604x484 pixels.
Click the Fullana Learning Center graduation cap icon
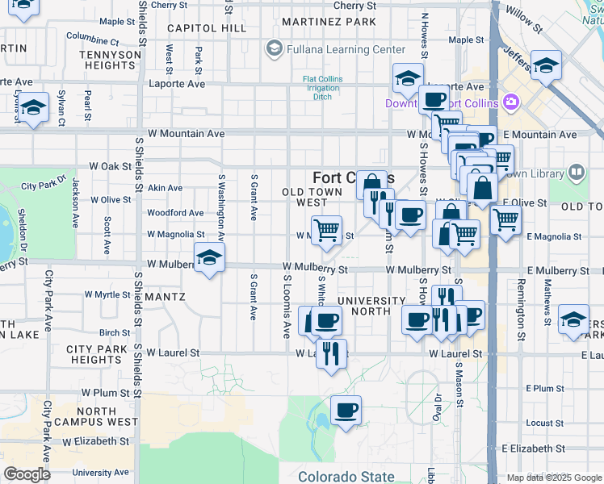click(x=275, y=49)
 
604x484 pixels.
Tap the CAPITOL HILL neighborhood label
click(x=195, y=27)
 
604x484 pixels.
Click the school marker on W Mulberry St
click(x=210, y=259)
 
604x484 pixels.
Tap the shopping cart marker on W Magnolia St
click(x=326, y=230)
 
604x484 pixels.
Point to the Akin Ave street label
click(x=165, y=188)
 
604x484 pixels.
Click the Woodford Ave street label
click(x=175, y=213)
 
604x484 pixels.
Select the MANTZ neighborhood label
click(x=165, y=297)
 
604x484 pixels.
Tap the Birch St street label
click(x=115, y=332)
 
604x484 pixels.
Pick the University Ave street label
click(x=100, y=473)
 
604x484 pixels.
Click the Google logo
click(x=27, y=474)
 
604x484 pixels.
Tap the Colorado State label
click(x=346, y=477)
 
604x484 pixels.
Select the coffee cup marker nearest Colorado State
click(x=346, y=411)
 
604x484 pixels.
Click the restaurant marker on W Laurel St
click(x=331, y=353)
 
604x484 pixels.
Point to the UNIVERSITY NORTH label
click(x=371, y=307)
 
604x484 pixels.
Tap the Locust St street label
click(x=544, y=423)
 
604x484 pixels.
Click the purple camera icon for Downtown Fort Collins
click(x=510, y=102)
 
